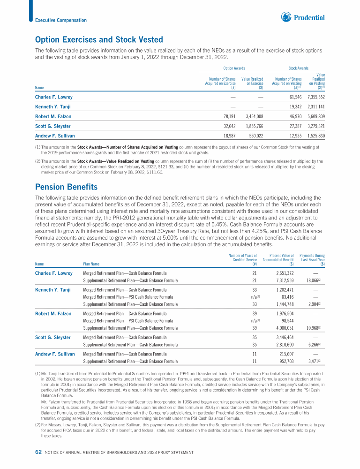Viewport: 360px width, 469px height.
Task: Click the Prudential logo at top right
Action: coord(303,18)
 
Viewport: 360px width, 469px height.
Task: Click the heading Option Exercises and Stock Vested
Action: coord(99,40)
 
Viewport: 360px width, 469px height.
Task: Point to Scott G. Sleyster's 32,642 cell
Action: coord(226,127)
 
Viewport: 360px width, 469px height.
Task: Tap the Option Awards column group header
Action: coord(234,68)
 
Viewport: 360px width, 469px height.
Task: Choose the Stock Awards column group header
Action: coord(298,68)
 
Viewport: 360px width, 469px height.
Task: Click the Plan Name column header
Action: coord(92,263)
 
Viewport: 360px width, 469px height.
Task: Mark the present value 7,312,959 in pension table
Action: coord(282,280)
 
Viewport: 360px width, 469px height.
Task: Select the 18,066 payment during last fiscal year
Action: coord(313,280)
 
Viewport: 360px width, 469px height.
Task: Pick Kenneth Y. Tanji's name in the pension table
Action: coord(53,290)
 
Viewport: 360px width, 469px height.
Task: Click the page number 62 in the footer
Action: coord(38,452)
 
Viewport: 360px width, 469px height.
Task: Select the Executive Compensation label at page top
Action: coord(61,20)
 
